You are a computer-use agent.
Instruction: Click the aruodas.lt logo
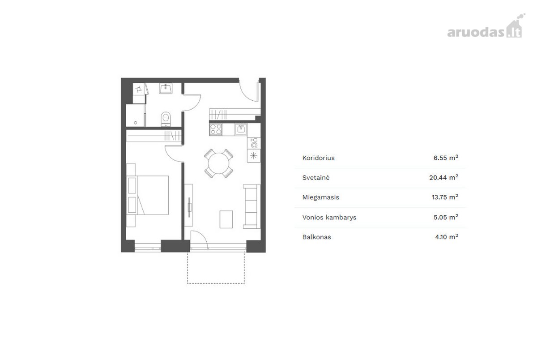pyautogui.click(x=486, y=26)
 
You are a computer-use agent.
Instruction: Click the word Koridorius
pyautogui.click(x=318, y=158)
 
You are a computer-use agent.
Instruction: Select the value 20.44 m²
pyautogui.click(x=443, y=177)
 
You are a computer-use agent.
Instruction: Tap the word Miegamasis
pyautogui.click(x=321, y=197)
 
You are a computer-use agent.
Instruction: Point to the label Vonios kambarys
pyautogui.click(x=329, y=217)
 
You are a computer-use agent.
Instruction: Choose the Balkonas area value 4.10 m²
pyautogui.click(x=447, y=237)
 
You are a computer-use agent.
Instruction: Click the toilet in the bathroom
pyautogui.click(x=166, y=119)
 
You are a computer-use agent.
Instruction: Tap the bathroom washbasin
pyautogui.click(x=166, y=88)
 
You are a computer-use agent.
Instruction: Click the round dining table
pyautogui.click(x=218, y=163)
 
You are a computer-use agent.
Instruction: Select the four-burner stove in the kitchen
pyautogui.click(x=216, y=129)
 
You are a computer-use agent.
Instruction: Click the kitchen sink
pyautogui.click(x=241, y=129)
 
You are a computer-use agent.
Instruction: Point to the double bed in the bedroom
pyautogui.click(x=147, y=195)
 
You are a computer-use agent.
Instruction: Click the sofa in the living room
pyautogui.click(x=251, y=206)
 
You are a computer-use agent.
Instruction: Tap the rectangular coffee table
pyautogui.click(x=226, y=219)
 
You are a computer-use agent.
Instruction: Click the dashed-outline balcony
pyautogui.click(x=216, y=283)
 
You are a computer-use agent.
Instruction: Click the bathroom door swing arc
pyautogui.click(x=197, y=106)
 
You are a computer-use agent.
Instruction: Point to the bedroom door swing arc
pyautogui.click(x=169, y=157)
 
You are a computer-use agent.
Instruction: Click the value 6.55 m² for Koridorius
pyautogui.click(x=446, y=158)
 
